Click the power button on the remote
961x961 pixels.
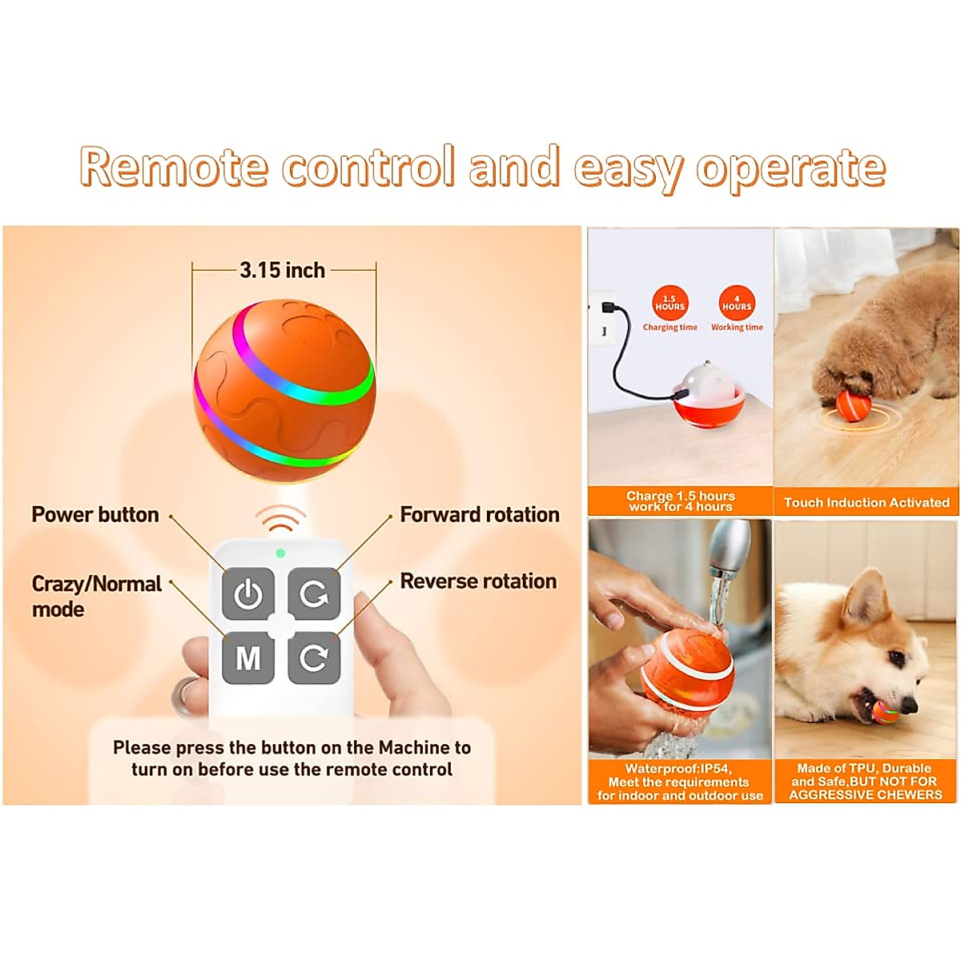point(248,594)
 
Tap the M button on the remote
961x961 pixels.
point(248,658)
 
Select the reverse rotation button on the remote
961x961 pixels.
point(314,658)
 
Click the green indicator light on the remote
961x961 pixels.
point(280,553)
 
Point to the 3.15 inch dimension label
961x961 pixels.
point(283,271)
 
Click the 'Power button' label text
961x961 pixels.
point(95,515)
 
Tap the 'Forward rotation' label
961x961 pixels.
point(480,515)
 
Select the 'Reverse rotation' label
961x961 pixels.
point(478,581)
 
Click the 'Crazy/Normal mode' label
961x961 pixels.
point(96,596)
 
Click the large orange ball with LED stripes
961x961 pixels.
point(284,391)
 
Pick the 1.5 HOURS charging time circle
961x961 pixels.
point(670,304)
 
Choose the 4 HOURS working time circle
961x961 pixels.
point(737,304)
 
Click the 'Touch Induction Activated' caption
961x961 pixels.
point(867,503)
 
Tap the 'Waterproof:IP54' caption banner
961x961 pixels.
point(679,782)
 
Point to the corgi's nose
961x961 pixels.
point(909,705)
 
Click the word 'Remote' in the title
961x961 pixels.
point(173,168)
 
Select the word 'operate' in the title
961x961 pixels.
point(790,168)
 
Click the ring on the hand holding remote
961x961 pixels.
point(186,695)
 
